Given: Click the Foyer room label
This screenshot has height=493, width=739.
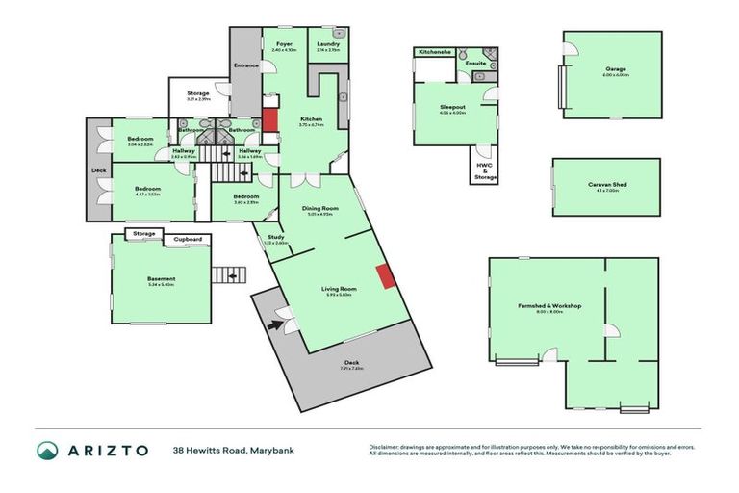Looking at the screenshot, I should (284, 44).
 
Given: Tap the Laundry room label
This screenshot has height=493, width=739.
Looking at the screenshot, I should (328, 44).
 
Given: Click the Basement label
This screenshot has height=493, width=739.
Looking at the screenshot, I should (161, 279).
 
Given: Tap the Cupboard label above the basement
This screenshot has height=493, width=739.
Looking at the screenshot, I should (188, 238).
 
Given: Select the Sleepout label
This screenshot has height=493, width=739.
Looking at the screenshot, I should (452, 108).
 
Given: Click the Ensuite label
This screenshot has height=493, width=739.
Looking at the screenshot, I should (475, 64).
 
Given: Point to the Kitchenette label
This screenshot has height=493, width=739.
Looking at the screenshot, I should (435, 51).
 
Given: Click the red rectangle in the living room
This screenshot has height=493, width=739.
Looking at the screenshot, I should (385, 276).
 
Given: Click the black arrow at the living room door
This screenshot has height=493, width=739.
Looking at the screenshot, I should (276, 324).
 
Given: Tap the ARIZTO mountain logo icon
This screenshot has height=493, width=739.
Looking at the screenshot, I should (47, 450).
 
